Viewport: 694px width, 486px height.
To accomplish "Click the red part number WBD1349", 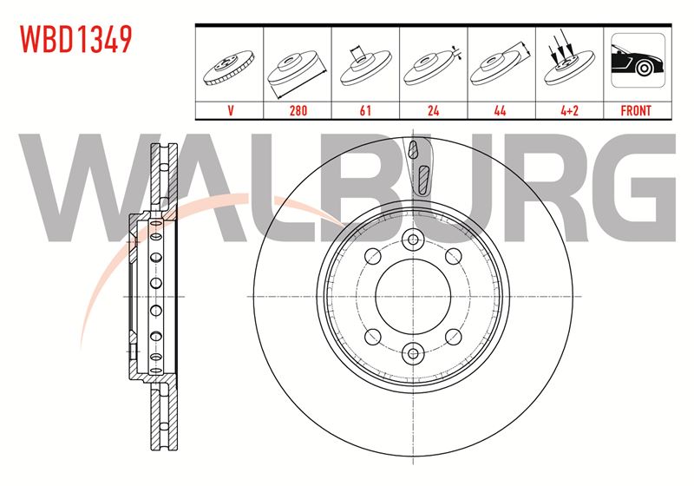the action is tap(76, 39).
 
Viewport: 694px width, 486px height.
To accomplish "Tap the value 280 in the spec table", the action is tap(298, 110).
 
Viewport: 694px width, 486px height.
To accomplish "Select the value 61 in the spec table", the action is tap(365, 110).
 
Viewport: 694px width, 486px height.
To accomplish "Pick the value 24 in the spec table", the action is tap(433, 110).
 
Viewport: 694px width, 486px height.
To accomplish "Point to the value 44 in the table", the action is tap(501, 110).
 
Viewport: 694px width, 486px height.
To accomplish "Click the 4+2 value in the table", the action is tap(569, 110).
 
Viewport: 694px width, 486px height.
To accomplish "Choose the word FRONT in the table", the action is tap(636, 110).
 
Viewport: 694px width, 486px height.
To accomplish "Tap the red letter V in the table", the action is tap(230, 110).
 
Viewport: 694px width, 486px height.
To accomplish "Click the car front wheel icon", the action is tap(638, 60).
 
